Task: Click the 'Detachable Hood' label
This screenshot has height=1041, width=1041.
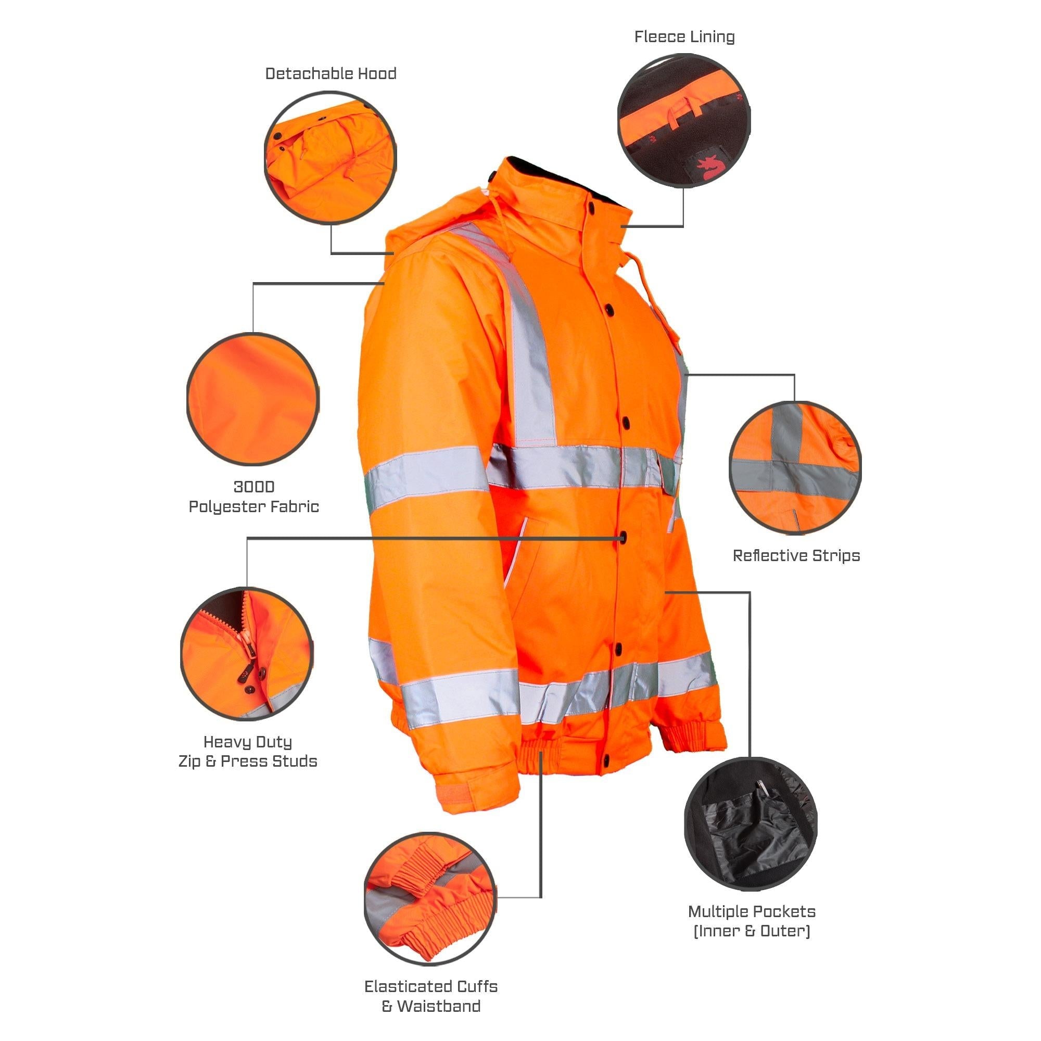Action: tap(331, 74)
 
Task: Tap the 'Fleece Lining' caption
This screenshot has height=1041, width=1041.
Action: tap(684, 36)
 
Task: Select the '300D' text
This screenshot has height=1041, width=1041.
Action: tap(254, 487)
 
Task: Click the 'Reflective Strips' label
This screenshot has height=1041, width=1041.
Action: tap(796, 555)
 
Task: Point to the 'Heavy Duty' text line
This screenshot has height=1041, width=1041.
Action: tap(247, 743)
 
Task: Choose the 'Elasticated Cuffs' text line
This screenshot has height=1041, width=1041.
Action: tap(430, 986)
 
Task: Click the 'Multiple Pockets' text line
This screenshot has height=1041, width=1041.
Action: tap(752, 912)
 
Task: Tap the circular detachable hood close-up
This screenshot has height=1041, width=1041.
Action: tap(331, 158)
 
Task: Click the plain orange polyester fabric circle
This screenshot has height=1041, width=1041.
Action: tap(253, 399)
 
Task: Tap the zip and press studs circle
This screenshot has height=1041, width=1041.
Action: tap(247, 654)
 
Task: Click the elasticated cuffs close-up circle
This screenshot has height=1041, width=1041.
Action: tap(430, 899)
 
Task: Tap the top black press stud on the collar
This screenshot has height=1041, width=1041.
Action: tap(592, 206)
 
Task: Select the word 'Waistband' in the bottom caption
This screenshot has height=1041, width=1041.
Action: tap(439, 1006)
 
